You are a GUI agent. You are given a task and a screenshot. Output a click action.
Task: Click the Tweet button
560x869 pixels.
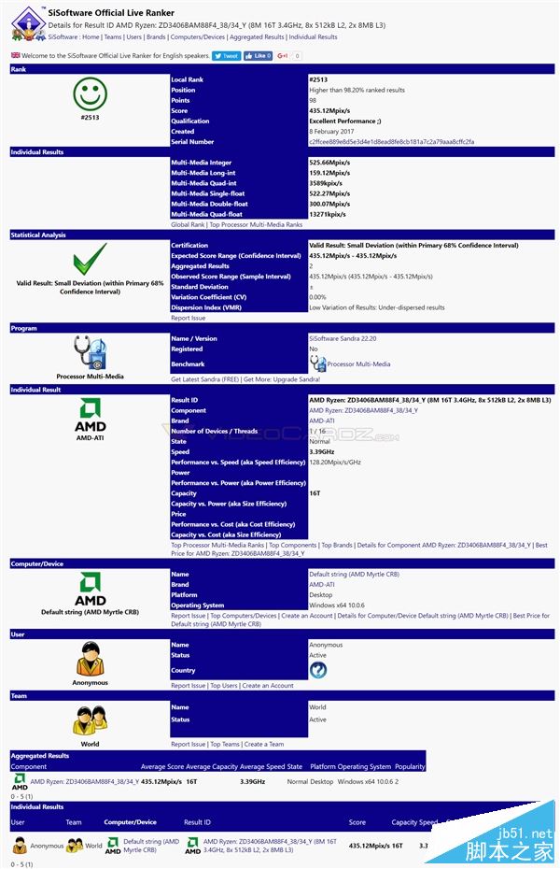point(227,56)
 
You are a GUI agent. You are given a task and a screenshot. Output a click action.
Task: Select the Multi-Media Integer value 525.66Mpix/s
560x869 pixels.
point(329,163)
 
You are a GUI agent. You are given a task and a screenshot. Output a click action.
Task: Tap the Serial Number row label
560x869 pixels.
point(192,142)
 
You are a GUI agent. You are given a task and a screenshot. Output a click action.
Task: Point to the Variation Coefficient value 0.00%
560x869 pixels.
point(318,297)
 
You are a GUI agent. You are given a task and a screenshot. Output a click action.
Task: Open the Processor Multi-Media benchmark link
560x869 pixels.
point(358,364)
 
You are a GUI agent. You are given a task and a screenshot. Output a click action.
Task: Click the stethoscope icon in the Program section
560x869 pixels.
point(91,353)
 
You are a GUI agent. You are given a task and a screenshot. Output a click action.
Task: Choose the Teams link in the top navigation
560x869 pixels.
point(112,37)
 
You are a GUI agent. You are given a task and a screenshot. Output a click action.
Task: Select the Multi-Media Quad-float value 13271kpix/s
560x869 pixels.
point(329,214)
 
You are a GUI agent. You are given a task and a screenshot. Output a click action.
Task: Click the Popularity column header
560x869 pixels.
point(410,766)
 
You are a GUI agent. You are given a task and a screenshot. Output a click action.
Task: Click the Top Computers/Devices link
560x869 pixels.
point(244,616)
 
